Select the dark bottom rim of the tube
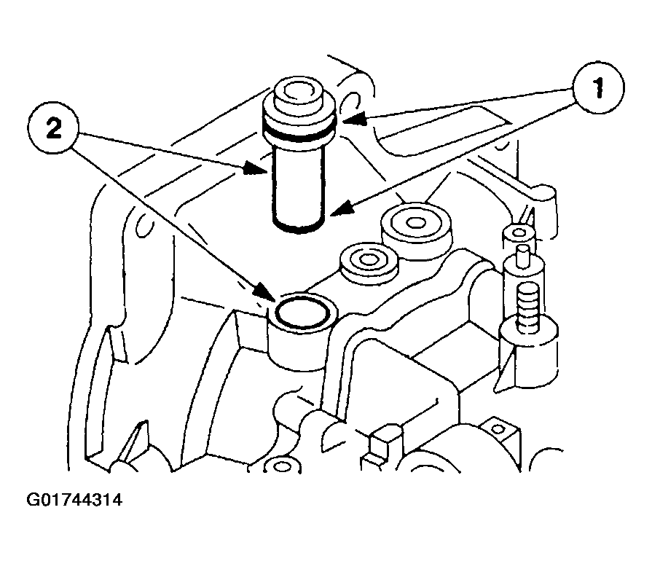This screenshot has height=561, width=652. tap(299, 226)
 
